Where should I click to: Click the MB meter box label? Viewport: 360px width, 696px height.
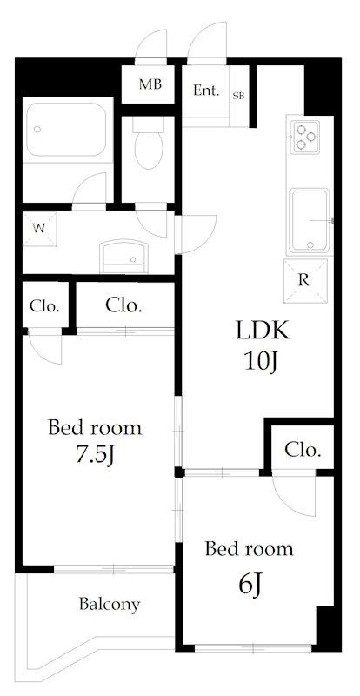pos(150,84)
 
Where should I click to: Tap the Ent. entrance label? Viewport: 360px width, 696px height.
pos(206,91)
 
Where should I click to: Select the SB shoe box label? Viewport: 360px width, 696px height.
pos(239,96)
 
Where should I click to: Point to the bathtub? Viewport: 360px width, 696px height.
pos(67,130)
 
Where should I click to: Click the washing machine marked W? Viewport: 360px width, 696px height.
pos(40,229)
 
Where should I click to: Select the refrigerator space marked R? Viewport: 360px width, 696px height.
pos(305,280)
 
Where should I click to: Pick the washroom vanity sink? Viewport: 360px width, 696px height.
pos(123,257)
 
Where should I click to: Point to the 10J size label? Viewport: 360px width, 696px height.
pos(261,362)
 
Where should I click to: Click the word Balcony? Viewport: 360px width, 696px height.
pos(110,604)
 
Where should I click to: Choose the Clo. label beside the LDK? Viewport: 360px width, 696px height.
pos(303,451)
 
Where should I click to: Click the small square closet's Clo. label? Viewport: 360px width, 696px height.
pos(44,306)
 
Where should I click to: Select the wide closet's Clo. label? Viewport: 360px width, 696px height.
pos(123,305)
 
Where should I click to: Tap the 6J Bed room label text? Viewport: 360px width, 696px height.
pos(249,550)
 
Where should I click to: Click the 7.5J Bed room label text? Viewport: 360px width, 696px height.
pos(95,428)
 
